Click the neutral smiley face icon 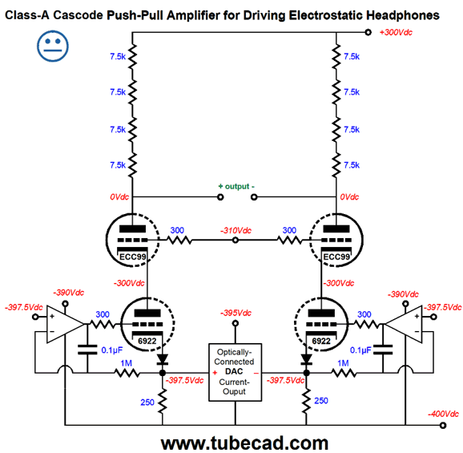[53, 46]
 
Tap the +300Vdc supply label [396, 33]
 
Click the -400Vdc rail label [443, 414]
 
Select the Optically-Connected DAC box [235, 372]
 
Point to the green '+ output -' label [236, 187]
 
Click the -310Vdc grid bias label [236, 230]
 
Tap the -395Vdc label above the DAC [236, 313]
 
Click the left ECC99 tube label [133, 257]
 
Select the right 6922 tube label [321, 341]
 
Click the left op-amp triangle [66, 324]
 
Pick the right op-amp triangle [404, 324]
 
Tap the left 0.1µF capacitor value [112, 350]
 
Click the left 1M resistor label [126, 363]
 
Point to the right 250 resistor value [321, 401]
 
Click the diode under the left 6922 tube [162, 360]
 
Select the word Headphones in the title [403, 15]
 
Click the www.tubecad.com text [244, 443]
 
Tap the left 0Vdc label [119, 196]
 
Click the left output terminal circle [220, 196]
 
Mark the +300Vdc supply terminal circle [368, 32]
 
